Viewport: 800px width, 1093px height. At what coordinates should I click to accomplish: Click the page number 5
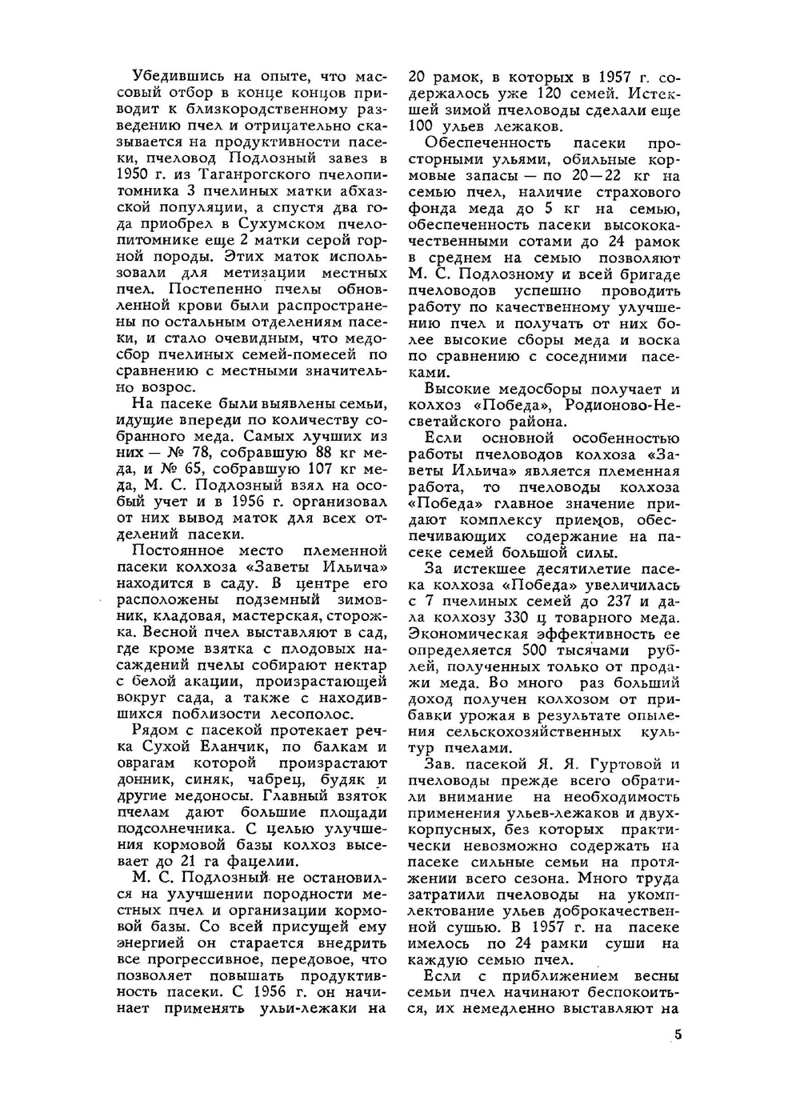coord(678,1035)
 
